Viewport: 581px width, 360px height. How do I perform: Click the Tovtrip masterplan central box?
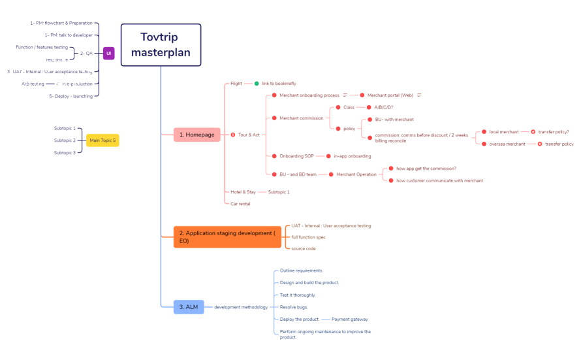tap(161, 45)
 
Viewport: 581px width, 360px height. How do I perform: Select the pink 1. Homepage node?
tap(196, 135)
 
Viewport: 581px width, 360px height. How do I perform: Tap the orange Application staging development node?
tap(227, 237)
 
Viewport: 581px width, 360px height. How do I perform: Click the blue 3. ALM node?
tap(188, 306)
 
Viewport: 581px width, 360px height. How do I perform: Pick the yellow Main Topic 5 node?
tap(102, 140)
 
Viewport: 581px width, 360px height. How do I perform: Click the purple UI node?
tap(108, 53)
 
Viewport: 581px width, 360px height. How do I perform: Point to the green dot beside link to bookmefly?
tap(257, 84)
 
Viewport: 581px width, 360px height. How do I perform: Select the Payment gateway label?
tap(349, 319)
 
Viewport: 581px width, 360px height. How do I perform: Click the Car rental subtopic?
tap(240, 204)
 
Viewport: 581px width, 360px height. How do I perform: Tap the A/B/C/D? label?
tap(383, 107)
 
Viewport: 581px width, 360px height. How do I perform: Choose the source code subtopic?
tap(304, 248)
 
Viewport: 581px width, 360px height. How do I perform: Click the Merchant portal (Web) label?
tap(390, 95)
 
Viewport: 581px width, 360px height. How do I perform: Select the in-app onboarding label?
tap(352, 156)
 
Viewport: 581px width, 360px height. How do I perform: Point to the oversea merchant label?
tap(507, 144)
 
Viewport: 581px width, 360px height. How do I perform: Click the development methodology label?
tap(241, 307)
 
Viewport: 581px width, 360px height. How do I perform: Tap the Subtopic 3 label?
tap(65, 152)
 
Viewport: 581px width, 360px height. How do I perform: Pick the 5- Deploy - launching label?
tap(71, 96)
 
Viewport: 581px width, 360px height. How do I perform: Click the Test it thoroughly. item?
tap(298, 295)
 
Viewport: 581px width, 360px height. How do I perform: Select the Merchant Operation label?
tap(356, 174)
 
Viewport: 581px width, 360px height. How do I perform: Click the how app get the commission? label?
tap(426, 169)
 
